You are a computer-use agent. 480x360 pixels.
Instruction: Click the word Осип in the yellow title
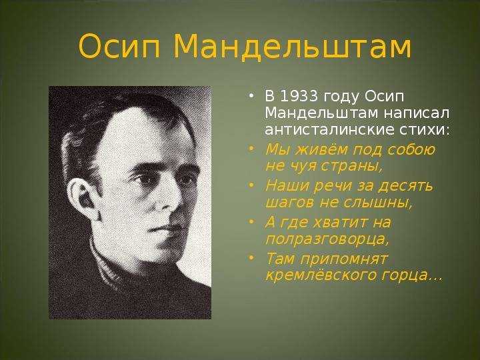coord(119,47)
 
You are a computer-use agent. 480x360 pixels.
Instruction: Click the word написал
coord(417,113)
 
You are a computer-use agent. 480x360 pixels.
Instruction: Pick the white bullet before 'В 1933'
coord(251,96)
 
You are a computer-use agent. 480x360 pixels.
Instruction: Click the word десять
coord(406,185)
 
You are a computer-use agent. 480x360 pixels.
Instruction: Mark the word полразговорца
coord(327,239)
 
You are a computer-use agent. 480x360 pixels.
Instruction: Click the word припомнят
coord(345,259)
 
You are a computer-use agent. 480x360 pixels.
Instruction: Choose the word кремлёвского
coord(321,275)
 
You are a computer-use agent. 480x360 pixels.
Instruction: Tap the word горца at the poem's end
coord(405,275)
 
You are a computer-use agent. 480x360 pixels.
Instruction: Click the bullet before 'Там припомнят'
coord(251,257)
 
